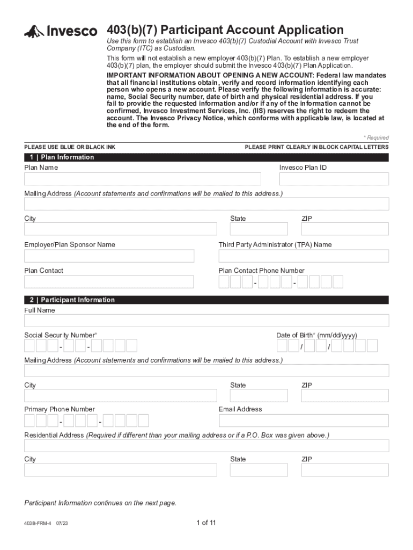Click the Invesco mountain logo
34,32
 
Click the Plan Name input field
143,179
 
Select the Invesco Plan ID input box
334,179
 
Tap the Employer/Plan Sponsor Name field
109,256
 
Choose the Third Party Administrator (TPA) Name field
304,256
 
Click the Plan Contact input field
109,282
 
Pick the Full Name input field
206,321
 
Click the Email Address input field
304,421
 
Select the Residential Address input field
206,446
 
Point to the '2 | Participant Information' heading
70,300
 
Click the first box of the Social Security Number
29,345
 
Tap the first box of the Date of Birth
282,345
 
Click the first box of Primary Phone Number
29,421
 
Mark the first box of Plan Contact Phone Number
224,282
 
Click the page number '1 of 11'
206,523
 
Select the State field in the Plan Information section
259,229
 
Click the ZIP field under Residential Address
344,470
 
